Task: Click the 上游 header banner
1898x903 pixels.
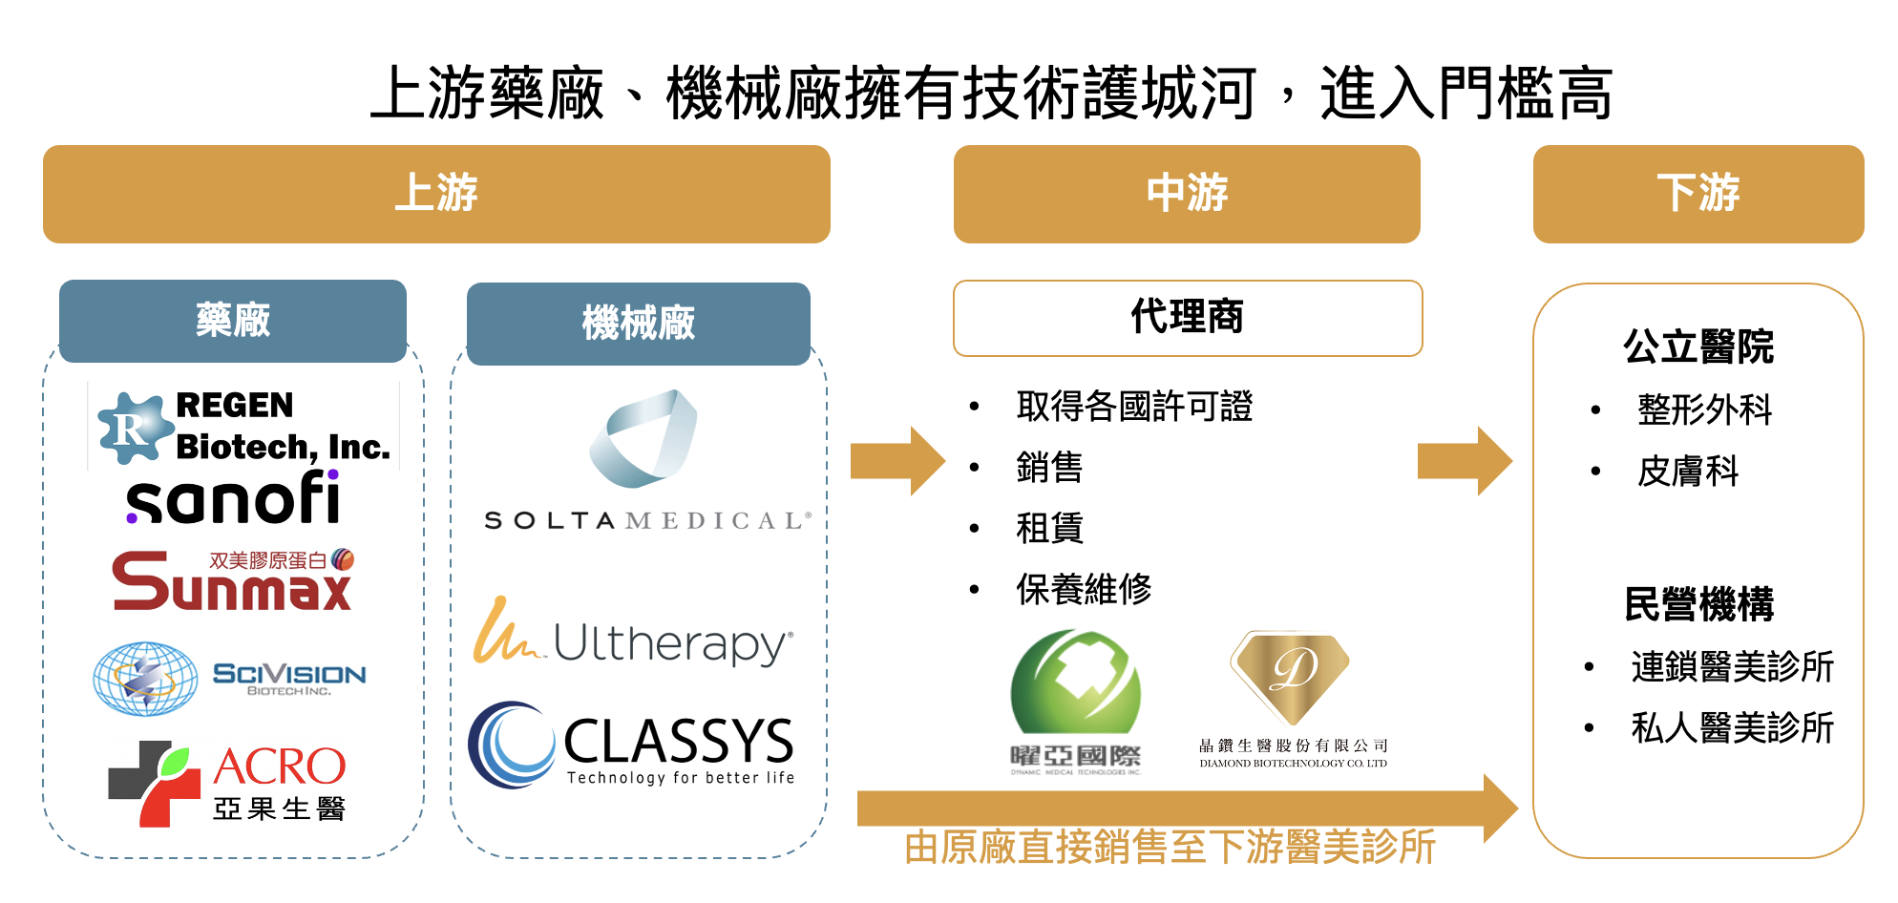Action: click(436, 194)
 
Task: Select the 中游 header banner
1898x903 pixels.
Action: click(1187, 194)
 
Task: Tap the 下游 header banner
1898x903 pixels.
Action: click(1698, 194)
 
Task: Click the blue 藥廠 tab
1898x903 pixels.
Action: click(233, 321)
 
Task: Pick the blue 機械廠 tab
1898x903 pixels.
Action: click(638, 324)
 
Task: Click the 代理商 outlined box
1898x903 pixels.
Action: click(1187, 318)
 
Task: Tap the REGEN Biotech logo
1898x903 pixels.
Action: click(244, 426)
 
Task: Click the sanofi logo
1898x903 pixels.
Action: click(233, 498)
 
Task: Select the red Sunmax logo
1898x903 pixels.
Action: click(232, 580)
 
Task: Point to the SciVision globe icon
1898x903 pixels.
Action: click(145, 679)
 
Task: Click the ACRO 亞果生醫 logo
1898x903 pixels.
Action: click(227, 784)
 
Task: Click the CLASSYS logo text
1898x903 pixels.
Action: click(678, 743)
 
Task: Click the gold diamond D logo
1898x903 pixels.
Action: click(1291, 678)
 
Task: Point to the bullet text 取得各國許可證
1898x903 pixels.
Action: click(1134, 407)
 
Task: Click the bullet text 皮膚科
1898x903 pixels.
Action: click(1688, 472)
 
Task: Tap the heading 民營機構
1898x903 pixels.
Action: click(1698, 604)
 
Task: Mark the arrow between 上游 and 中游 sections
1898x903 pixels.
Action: click(896, 461)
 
